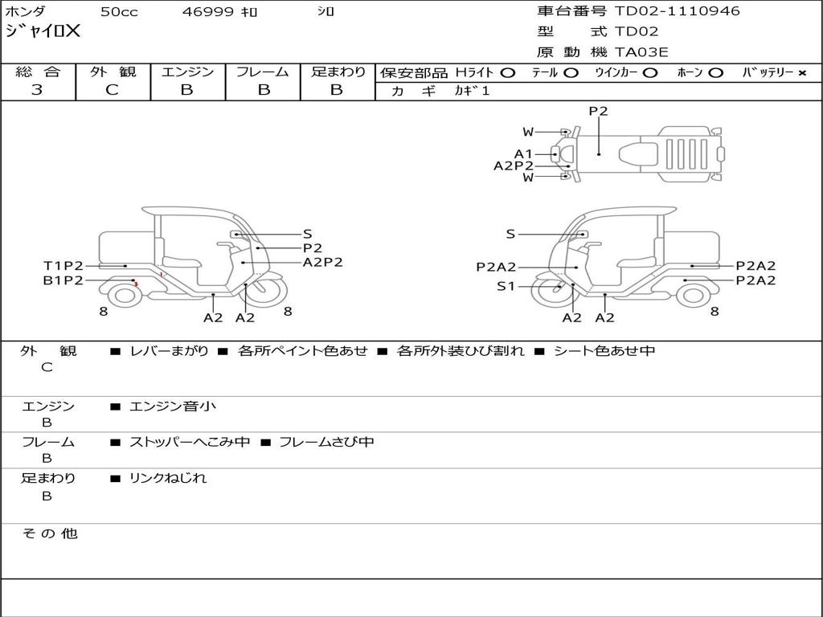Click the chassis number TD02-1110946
[x=677, y=11]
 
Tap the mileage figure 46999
[x=209, y=12]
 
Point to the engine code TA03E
[x=641, y=53]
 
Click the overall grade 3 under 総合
[x=37, y=90]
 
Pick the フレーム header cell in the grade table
[x=262, y=72]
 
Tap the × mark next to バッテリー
[x=801, y=73]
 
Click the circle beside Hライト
[x=507, y=73]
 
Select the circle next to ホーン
[x=715, y=73]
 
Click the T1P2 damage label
[x=63, y=266]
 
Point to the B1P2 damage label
[x=63, y=280]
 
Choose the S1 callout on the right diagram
[x=506, y=286]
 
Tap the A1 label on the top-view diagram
[x=523, y=153]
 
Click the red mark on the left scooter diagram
[x=137, y=284]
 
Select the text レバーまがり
[x=169, y=351]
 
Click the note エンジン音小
[x=173, y=407]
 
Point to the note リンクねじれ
[x=168, y=478]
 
